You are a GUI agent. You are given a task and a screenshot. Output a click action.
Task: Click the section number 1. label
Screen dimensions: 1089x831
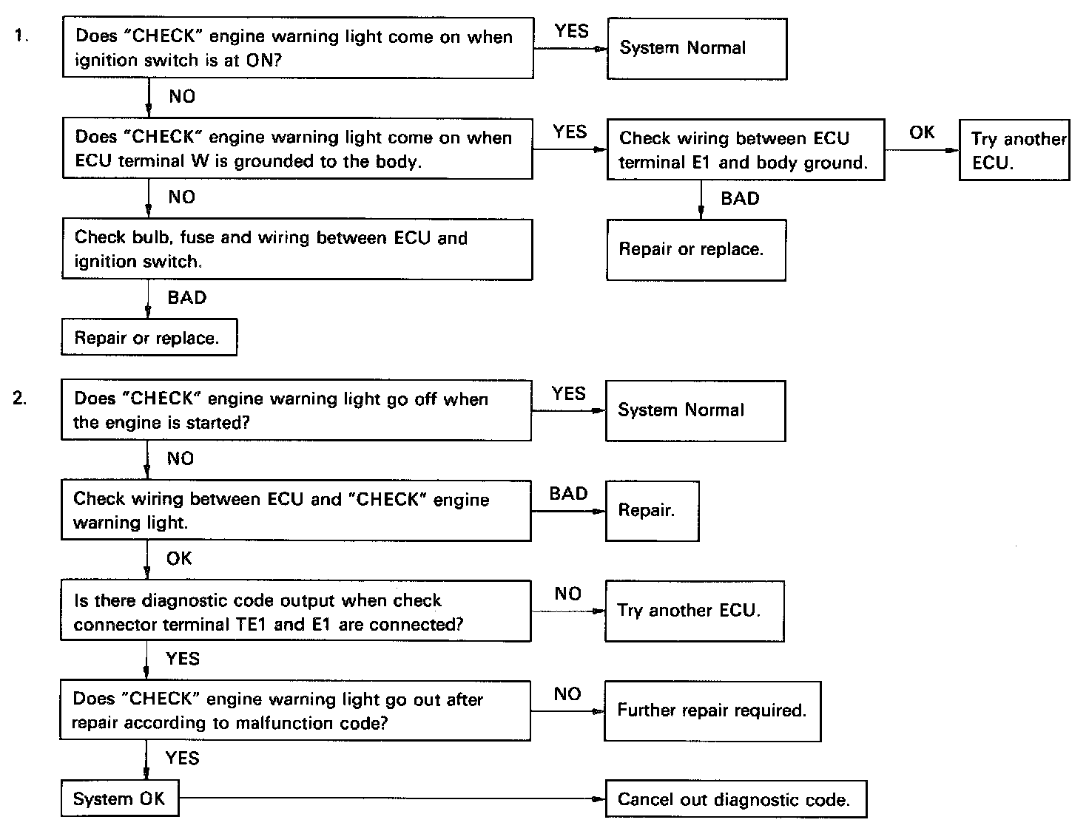point(21,35)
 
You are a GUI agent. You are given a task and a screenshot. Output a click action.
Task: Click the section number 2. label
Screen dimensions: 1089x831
point(20,398)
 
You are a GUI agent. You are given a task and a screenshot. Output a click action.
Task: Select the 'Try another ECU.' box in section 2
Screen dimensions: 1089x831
point(695,611)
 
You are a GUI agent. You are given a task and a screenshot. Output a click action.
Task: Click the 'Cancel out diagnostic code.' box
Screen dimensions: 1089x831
point(736,798)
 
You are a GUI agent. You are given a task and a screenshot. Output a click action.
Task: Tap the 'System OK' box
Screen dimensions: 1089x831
point(120,798)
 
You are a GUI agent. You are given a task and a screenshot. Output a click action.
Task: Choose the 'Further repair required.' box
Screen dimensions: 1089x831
point(712,711)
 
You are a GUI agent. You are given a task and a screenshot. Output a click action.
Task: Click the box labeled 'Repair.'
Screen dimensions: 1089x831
point(653,511)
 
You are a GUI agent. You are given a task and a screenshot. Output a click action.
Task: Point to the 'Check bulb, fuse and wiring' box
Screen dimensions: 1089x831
point(297,249)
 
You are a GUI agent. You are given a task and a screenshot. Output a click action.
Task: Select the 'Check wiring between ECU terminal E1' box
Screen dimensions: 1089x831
point(746,150)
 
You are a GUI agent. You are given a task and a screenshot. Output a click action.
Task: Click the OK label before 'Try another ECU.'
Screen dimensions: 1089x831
point(922,132)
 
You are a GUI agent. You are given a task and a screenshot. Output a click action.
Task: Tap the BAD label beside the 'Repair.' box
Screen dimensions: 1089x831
point(569,493)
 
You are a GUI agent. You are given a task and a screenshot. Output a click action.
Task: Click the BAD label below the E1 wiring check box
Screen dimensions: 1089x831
point(740,198)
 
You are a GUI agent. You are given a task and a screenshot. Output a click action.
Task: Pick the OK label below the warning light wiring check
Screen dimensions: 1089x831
point(179,559)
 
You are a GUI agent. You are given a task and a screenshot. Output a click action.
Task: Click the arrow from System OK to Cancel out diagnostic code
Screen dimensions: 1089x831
point(392,798)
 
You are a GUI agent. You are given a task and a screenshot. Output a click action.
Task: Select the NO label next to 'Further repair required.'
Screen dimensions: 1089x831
point(567,693)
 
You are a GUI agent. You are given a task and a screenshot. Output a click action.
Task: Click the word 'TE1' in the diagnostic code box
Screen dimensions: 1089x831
point(251,624)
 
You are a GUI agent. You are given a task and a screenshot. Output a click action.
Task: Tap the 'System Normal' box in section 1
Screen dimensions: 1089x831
point(697,49)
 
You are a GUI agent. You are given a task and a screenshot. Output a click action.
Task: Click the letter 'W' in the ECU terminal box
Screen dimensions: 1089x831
point(200,160)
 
